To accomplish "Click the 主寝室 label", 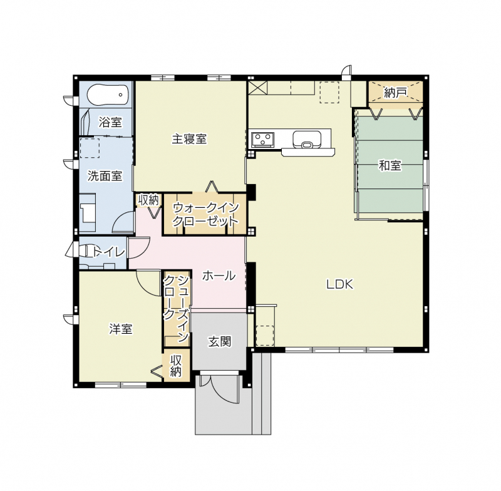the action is tap(189, 139).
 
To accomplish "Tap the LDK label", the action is tap(339, 284).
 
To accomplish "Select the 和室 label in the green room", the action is tap(390, 165).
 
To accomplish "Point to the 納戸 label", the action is tap(396, 93).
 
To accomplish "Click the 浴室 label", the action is tap(110, 122).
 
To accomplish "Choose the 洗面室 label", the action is tap(105, 176).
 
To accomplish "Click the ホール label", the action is tap(219, 276).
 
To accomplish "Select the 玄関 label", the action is tap(220, 342).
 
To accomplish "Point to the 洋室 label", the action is tap(121, 329).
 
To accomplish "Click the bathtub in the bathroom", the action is tap(107, 95).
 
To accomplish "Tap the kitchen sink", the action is tap(307, 140).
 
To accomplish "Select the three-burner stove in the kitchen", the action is tap(262, 140).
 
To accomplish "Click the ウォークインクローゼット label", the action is tap(206, 214).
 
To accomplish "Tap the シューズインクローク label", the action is tap(176, 308).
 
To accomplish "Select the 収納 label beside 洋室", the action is tap(176, 366).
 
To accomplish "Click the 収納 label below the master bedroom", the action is tap(148, 200).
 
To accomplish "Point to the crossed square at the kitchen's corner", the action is tap(257, 88).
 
